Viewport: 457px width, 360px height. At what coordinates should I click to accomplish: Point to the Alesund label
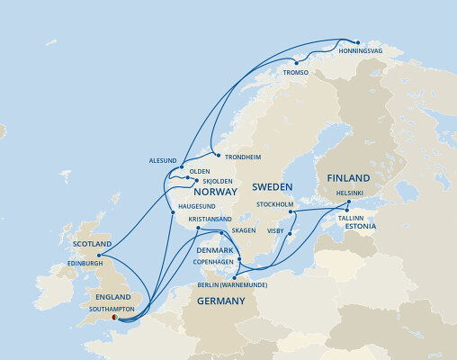click(163, 160)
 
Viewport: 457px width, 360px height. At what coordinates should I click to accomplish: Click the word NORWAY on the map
click(215, 192)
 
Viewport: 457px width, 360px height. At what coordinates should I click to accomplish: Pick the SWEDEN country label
click(273, 187)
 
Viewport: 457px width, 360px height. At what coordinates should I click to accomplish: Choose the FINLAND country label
click(348, 178)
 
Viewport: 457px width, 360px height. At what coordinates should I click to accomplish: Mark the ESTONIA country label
click(358, 227)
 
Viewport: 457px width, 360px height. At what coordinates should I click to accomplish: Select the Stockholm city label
click(275, 204)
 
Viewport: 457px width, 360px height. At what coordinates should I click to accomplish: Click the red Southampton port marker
click(113, 317)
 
